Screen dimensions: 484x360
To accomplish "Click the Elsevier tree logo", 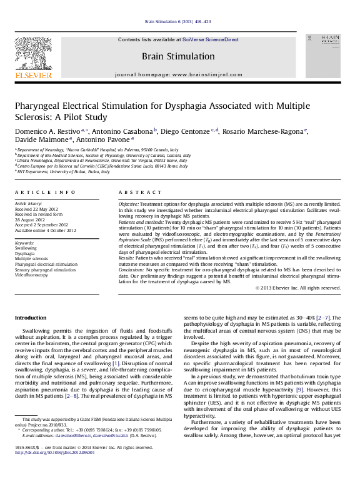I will [33, 54].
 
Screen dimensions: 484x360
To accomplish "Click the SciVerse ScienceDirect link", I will [210, 39].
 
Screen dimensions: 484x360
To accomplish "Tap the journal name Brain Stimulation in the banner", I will [177, 56].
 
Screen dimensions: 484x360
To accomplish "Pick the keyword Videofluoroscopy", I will [31, 275].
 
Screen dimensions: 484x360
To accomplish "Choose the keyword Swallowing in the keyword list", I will [26, 248].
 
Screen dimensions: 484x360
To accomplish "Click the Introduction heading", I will [31, 318].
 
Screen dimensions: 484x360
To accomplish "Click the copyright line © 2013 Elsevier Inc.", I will [298, 288].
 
